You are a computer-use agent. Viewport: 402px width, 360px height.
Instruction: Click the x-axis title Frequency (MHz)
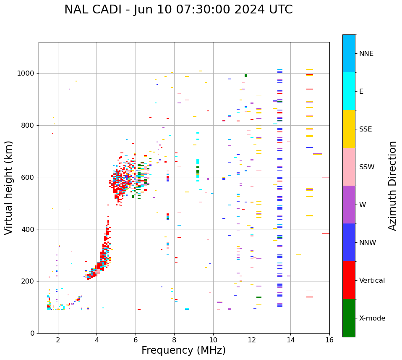pos(183,350)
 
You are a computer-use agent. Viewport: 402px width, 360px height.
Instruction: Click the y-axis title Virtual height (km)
pos(9,187)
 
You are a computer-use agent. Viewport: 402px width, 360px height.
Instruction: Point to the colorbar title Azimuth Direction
pos(392,186)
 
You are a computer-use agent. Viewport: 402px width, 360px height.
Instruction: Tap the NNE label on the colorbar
pos(366,54)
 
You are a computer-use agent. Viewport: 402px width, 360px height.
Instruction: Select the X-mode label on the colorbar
pos(372,318)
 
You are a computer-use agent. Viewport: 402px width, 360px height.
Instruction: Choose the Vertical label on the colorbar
pos(372,281)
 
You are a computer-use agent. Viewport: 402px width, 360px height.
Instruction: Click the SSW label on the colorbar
pos(367,167)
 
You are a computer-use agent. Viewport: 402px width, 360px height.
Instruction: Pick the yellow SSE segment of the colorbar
pos(349,129)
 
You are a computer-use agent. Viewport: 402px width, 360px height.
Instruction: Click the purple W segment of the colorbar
pos(349,205)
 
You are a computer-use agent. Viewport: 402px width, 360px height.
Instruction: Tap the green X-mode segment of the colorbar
pos(349,318)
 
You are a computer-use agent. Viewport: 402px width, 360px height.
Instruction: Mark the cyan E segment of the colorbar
pos(349,91)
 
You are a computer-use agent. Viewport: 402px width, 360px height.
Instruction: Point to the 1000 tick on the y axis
pos(26,73)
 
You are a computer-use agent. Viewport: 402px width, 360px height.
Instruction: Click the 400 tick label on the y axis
pos(28,229)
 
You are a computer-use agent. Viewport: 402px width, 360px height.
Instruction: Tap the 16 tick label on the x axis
pos(329,340)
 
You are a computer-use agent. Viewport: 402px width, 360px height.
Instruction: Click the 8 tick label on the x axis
pos(174,340)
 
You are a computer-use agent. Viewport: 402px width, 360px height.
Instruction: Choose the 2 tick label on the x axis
pos(58,340)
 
